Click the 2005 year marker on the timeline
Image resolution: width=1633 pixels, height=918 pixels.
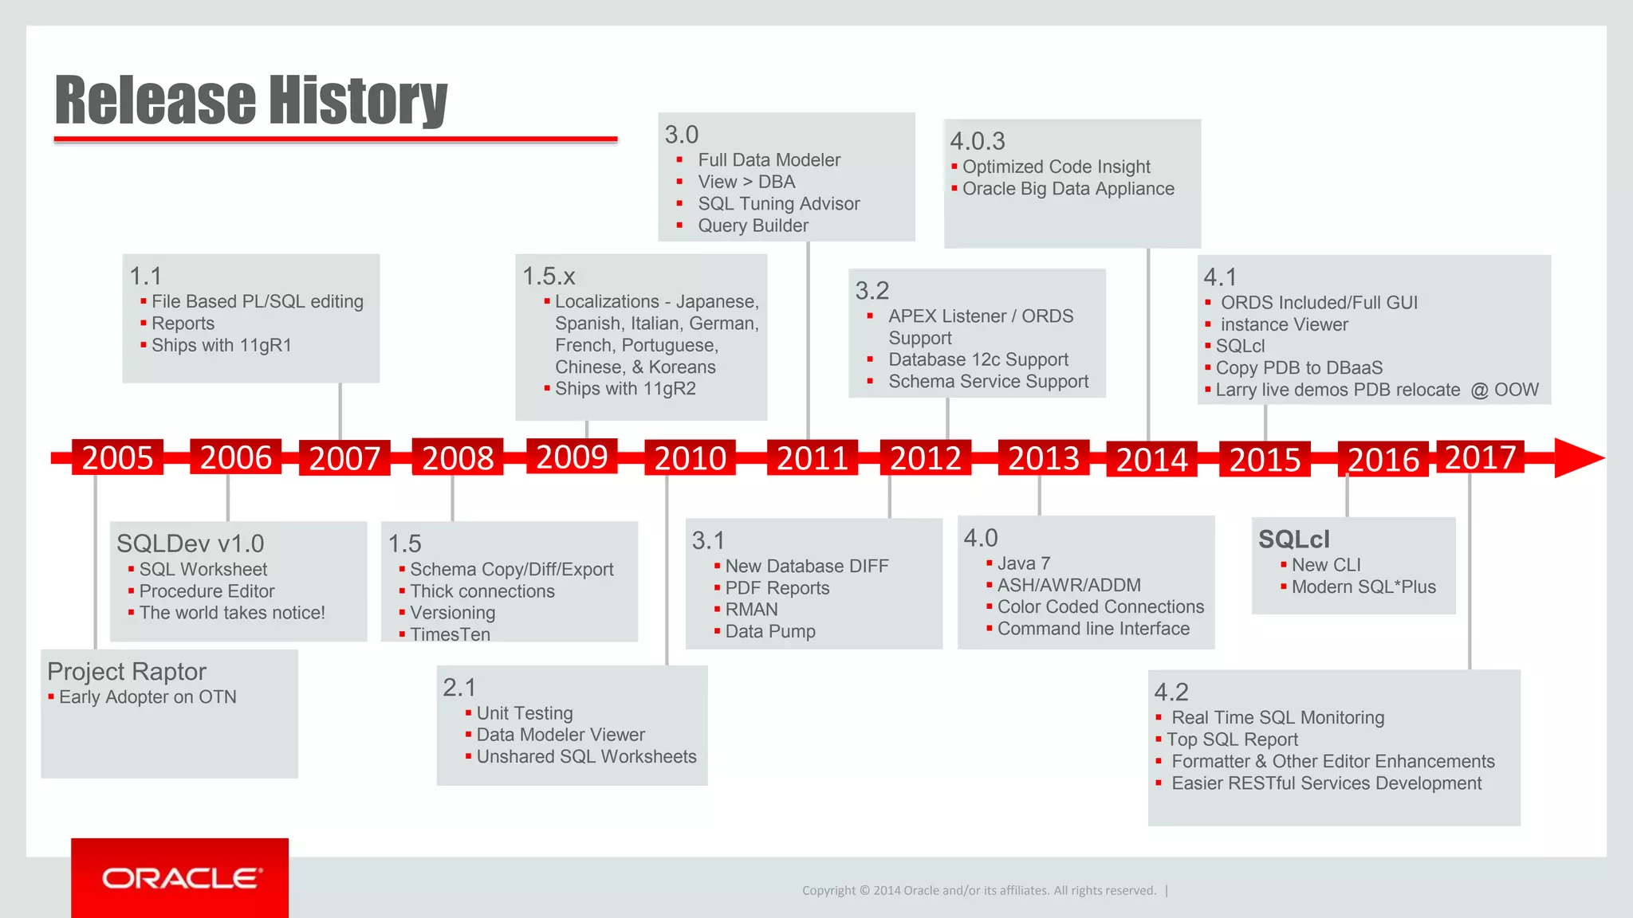tap(117, 457)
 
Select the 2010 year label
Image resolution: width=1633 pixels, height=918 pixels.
tap(690, 458)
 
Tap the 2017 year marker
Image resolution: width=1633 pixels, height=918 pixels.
tap(1480, 457)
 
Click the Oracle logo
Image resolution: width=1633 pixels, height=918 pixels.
tap(180, 878)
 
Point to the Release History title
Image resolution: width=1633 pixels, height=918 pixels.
tap(251, 100)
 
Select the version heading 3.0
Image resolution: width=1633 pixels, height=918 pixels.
tap(682, 135)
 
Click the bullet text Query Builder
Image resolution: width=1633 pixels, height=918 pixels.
tap(753, 226)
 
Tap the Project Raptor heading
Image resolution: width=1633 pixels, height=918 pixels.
tap(127, 672)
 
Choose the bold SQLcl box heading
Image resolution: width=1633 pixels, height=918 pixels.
tap(1293, 539)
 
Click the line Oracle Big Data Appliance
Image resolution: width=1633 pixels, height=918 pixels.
tap(1068, 189)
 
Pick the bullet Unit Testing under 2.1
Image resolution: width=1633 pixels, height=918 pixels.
tap(524, 713)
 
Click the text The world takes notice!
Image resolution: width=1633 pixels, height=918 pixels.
tap(232, 613)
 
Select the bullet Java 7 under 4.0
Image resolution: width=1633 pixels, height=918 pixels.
tap(1023, 563)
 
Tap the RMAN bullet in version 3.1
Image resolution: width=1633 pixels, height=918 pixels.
tap(751, 610)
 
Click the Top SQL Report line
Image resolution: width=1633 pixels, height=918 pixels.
tap(1232, 739)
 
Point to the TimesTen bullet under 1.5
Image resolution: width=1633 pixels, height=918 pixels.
tap(450, 634)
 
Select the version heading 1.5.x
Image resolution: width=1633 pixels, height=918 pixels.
tap(549, 277)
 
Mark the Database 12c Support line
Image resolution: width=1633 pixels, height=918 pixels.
tap(978, 359)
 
